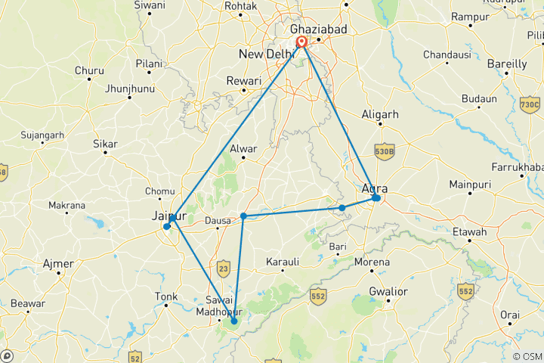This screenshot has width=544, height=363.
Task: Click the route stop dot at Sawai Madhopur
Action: [233, 321]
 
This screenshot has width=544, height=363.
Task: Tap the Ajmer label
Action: [59, 264]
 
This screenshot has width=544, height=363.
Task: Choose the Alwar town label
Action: [245, 149]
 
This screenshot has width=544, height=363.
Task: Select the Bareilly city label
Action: [508, 64]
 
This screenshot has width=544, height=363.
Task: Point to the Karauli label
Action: [284, 262]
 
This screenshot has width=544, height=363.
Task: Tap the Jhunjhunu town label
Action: [129, 88]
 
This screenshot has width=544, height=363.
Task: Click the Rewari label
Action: [245, 80]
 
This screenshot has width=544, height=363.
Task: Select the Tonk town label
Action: [165, 296]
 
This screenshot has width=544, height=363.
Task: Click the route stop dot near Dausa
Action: [243, 216]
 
